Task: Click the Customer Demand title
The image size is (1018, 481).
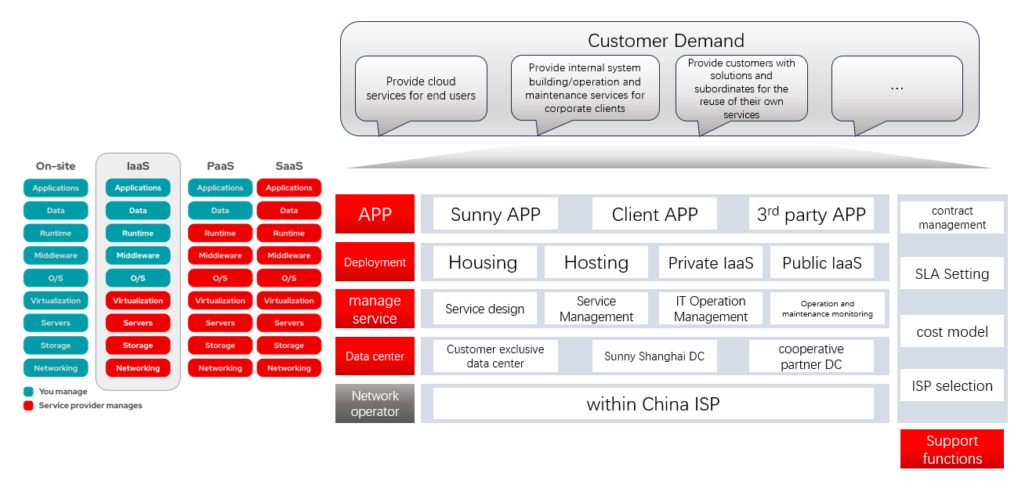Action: pos(665,41)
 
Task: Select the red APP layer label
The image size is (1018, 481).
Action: pos(375,215)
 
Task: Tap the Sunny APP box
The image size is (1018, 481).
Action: pos(495,215)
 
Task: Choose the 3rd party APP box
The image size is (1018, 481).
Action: pos(811,215)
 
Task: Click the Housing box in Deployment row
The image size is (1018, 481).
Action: pos(483,263)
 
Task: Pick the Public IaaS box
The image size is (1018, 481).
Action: pos(821,263)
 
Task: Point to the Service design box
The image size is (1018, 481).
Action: pos(484,309)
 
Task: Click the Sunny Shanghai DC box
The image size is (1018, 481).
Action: pos(654,356)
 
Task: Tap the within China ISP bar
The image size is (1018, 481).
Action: pos(653,404)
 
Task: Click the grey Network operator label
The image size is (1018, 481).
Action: pos(375,403)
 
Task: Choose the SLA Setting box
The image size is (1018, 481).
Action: pos(951,274)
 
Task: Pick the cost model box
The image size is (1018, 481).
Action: pos(951,332)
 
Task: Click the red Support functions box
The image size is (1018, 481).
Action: pos(951,450)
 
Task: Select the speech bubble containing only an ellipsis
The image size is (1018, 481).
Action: pos(897,89)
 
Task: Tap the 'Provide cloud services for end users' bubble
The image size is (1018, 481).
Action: pos(421,89)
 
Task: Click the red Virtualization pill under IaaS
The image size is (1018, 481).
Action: pos(138,301)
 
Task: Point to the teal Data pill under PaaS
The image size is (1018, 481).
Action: pos(220,211)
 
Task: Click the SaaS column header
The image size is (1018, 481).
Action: pos(289,166)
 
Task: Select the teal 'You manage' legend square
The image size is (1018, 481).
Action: pos(28,392)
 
